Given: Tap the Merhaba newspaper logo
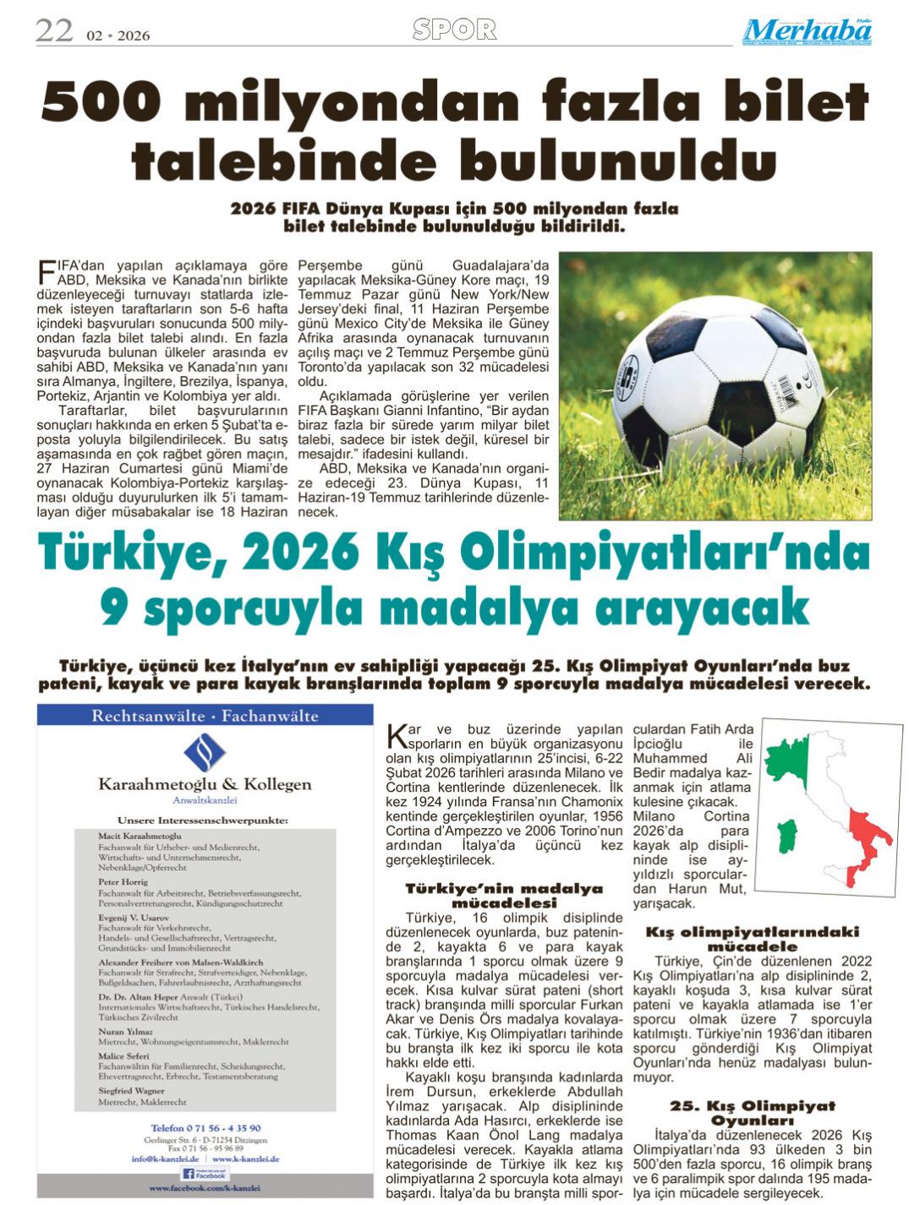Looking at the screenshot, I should click(808, 31).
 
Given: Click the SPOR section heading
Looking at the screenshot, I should click(454, 30).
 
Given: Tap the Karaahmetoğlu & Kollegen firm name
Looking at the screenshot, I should click(205, 784).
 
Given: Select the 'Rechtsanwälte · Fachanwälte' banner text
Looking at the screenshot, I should click(205, 717).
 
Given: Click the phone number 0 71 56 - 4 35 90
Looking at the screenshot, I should click(205, 1127).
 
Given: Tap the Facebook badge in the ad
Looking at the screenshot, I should click(205, 1174).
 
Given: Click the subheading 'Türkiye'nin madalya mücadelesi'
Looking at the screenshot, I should click(504, 896).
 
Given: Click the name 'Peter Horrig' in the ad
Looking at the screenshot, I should click(123, 881).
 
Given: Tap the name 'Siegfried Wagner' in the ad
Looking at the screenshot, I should click(131, 1091).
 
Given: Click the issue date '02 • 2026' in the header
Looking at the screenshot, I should click(118, 35).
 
